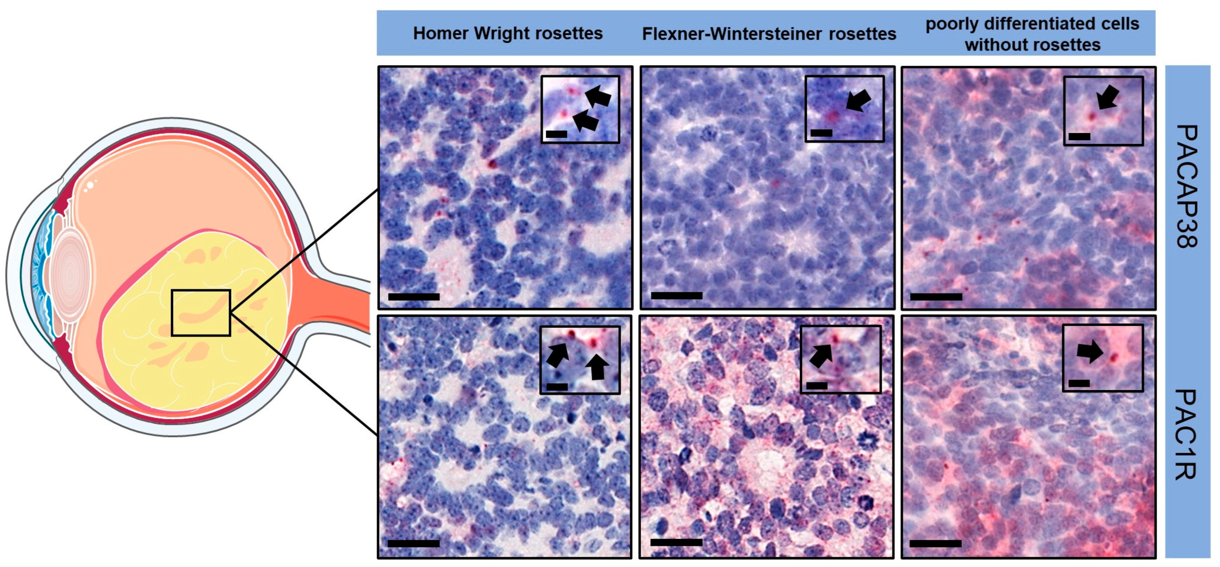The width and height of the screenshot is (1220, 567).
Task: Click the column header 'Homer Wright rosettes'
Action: tap(508, 34)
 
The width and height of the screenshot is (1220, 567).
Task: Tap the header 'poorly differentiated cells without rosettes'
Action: tap(1033, 34)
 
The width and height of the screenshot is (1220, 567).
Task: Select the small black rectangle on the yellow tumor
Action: tap(201, 313)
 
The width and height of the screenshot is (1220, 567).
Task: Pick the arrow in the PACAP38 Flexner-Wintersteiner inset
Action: tap(858, 100)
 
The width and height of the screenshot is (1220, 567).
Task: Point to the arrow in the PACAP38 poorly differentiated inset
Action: tap(1108, 98)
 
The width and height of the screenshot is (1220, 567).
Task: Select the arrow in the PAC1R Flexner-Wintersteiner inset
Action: tap(821, 355)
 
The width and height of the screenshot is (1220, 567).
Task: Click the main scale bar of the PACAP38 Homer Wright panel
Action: tap(414, 297)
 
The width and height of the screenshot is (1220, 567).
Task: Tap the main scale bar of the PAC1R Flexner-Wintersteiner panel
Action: tap(676, 542)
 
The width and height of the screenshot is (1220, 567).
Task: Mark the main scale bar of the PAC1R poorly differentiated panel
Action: tap(936, 543)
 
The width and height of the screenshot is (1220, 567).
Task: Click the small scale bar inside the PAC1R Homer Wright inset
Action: tap(557, 387)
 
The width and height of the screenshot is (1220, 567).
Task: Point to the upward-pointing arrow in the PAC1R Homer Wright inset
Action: tap(597, 368)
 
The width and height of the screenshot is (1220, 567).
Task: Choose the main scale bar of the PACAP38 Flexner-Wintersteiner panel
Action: tap(677, 296)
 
